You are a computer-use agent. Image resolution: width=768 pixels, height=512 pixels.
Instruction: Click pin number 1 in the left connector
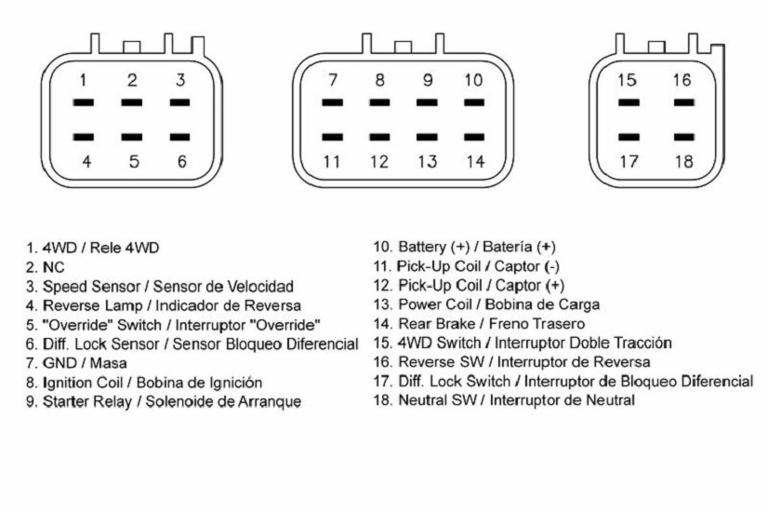[84, 80]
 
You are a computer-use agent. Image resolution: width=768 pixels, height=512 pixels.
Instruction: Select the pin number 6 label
[181, 161]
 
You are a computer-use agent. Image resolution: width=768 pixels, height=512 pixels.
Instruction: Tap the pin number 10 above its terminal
[473, 80]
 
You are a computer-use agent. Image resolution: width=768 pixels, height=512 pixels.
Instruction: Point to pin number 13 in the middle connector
[427, 161]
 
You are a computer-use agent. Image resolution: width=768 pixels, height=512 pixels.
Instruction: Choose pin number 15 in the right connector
[627, 80]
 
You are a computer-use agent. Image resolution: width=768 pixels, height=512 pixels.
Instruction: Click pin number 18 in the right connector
[683, 161]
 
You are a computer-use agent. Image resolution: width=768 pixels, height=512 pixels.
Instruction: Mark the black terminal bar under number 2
[132, 102]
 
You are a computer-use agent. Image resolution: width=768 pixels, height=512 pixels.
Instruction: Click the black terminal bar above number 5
[132, 137]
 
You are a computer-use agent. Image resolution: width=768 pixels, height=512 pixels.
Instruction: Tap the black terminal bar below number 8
[379, 102]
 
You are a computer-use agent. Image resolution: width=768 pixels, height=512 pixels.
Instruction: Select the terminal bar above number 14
[474, 137]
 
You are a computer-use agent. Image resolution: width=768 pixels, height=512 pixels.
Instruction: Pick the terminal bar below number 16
[683, 102]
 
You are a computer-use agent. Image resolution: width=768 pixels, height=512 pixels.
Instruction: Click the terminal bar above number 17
[629, 137]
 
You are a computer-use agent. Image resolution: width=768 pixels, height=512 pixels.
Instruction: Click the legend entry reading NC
[45, 267]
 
